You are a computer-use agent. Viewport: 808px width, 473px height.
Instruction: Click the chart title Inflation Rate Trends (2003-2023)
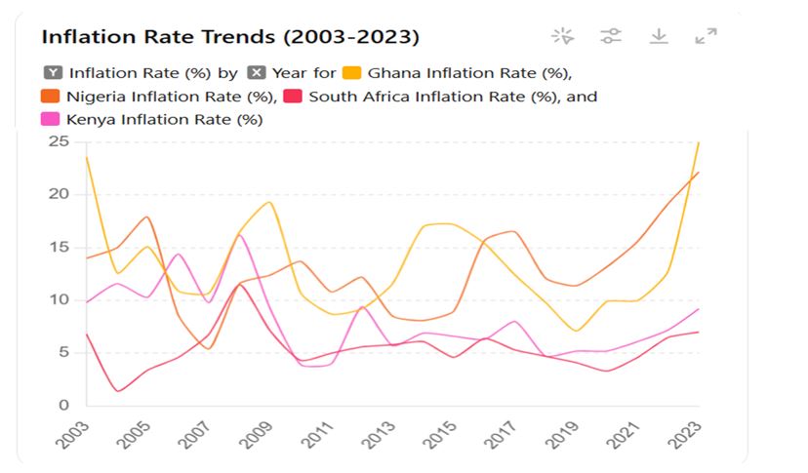pyautogui.click(x=230, y=37)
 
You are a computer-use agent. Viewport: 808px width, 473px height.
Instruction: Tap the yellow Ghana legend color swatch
pyautogui.click(x=352, y=72)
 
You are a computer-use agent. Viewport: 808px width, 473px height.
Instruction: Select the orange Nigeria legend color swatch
pyautogui.click(x=51, y=97)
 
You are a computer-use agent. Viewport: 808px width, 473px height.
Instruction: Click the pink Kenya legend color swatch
pyautogui.click(x=51, y=120)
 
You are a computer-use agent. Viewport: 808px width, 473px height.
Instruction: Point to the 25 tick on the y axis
pyautogui.click(x=60, y=141)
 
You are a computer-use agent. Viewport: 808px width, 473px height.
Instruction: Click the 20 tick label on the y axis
pyautogui.click(x=60, y=194)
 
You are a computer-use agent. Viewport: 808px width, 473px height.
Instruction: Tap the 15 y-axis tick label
pyautogui.click(x=60, y=247)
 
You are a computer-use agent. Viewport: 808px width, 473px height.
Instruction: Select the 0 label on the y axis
pyautogui.click(x=64, y=405)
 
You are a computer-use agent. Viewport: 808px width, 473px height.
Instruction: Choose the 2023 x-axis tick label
pyautogui.click(x=686, y=431)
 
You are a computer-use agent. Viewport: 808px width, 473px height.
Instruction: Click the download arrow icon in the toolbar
pyautogui.click(x=659, y=36)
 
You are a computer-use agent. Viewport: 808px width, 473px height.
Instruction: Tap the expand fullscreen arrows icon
pyautogui.click(x=706, y=36)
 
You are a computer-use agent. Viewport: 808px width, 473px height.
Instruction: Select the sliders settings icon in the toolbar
pyautogui.click(x=611, y=36)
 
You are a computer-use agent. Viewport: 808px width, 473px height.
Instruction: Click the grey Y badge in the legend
pyautogui.click(x=54, y=72)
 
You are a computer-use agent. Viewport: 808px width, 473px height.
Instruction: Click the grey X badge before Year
pyautogui.click(x=257, y=72)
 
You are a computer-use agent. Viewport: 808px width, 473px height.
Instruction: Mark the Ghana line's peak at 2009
pyautogui.click(x=269, y=202)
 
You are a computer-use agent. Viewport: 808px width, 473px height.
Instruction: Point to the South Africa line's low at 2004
pyautogui.click(x=117, y=391)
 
